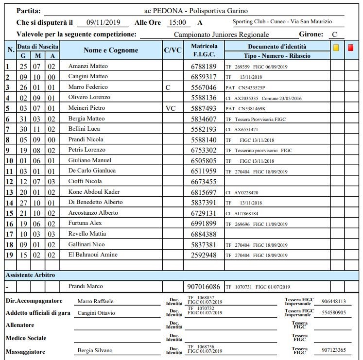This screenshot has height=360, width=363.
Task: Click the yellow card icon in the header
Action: [x=336, y=48]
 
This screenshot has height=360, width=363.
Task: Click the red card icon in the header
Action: [x=351, y=48]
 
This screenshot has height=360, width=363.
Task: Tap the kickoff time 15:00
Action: [x=177, y=22]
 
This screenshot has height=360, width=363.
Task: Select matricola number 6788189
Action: [x=205, y=66]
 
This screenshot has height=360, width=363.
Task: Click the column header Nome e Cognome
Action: [x=111, y=51]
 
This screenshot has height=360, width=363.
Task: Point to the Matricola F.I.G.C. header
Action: [x=205, y=51]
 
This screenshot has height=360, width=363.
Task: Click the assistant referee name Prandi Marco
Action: [x=86, y=286]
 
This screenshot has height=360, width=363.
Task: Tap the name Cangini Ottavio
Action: [x=96, y=313]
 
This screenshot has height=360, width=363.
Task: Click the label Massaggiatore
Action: [x=25, y=351]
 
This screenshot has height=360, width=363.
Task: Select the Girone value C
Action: [x=334, y=34]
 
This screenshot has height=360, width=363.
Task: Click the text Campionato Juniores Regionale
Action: [x=221, y=34]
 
